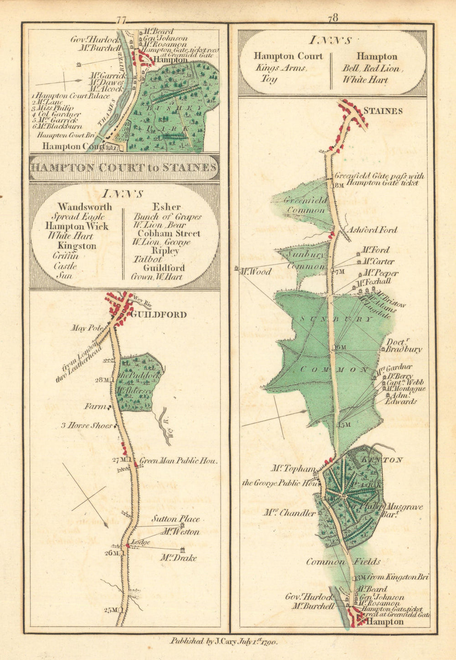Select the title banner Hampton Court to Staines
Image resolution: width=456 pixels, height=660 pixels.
click(124, 167)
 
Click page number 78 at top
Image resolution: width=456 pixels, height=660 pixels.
click(332, 18)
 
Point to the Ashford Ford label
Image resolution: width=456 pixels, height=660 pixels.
click(373, 230)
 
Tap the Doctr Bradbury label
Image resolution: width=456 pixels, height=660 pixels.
click(404, 346)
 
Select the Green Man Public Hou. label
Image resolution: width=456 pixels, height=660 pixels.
click(179, 461)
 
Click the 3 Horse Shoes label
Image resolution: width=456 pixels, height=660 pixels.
click(87, 426)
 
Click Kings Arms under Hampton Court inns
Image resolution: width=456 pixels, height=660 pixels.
click(281, 68)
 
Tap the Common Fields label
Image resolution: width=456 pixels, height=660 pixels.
click(343, 562)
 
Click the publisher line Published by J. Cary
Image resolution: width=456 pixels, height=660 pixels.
click(223, 641)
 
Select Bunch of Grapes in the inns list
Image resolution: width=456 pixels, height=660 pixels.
click(167, 217)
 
